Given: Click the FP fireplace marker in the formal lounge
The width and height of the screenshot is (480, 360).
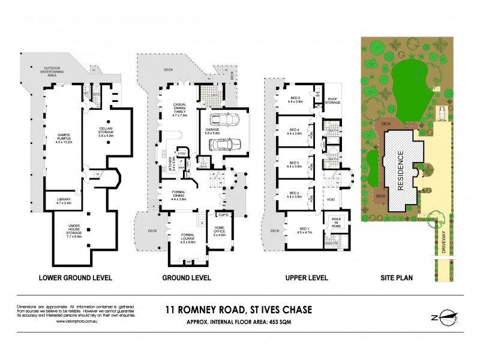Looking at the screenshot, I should tap(188, 262).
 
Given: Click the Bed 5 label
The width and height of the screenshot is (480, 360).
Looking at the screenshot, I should tap(295, 100).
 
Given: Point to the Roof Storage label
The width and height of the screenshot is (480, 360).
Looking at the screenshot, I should tap(334, 103).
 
